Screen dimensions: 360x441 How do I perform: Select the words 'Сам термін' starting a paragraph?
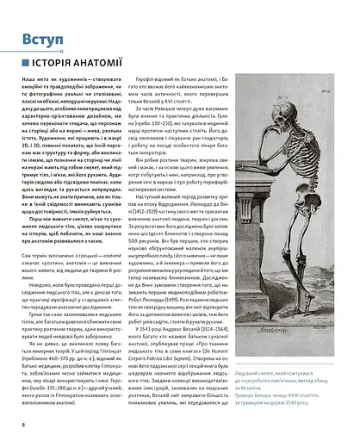[35, 255]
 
